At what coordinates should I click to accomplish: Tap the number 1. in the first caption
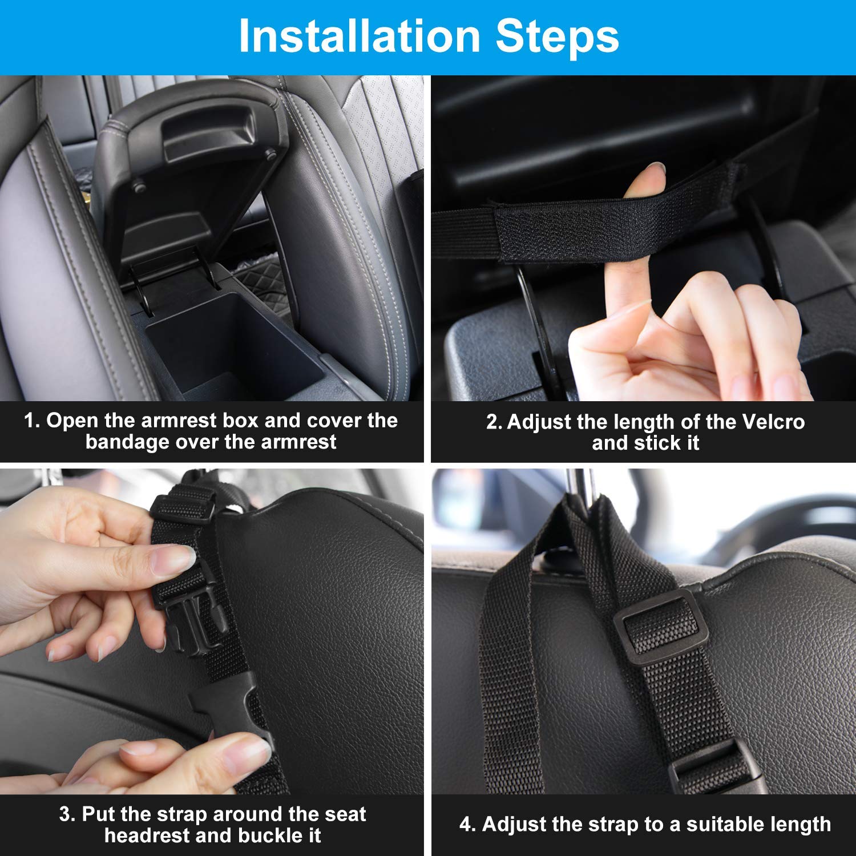coord(32,421)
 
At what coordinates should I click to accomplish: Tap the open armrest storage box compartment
coord(228,342)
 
